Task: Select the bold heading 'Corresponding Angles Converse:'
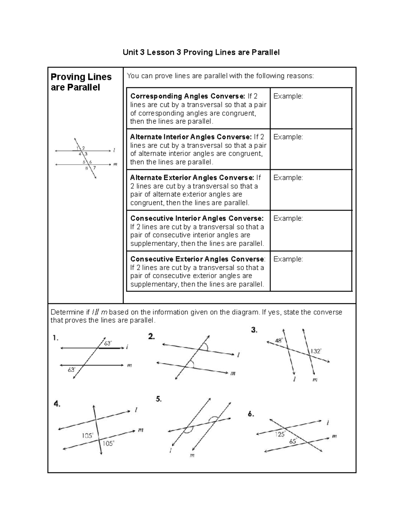click(x=188, y=96)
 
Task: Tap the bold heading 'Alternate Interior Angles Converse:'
click(x=191, y=137)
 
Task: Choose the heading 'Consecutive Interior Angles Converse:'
click(x=197, y=218)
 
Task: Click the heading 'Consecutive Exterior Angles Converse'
click(x=197, y=259)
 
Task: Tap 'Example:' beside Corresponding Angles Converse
click(x=288, y=96)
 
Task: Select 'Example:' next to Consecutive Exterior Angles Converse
click(x=288, y=259)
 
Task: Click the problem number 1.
click(x=55, y=338)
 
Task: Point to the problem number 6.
click(x=251, y=414)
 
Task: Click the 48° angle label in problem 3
click(x=279, y=341)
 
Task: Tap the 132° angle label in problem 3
click(x=316, y=351)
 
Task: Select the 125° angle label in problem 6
click(x=280, y=434)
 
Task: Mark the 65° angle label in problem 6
click(x=293, y=441)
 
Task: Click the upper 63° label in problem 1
click(x=108, y=343)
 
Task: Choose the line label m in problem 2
click(x=233, y=373)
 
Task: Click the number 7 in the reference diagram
click(x=94, y=168)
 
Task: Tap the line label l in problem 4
click(x=136, y=410)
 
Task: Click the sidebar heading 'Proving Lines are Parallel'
click(x=81, y=82)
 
